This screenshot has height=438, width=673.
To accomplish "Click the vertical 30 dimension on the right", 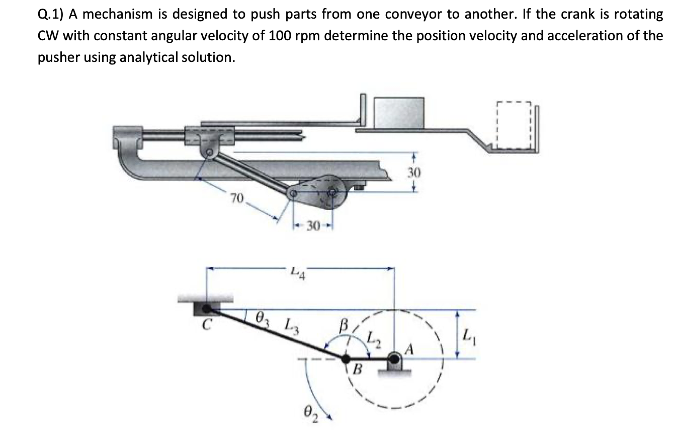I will pyautogui.click(x=413, y=173).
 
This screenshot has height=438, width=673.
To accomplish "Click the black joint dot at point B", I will pyautogui.click(x=346, y=359).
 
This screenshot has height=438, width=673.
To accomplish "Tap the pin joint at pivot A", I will pyautogui.click(x=394, y=359).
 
